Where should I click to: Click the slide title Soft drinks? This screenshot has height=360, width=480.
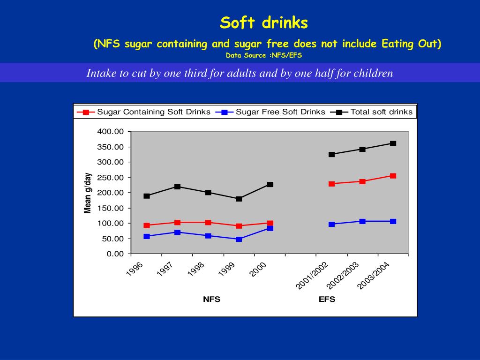click(x=264, y=22)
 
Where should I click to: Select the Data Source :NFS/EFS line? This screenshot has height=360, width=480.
click(x=264, y=56)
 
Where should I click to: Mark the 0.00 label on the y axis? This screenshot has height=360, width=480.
click(x=114, y=254)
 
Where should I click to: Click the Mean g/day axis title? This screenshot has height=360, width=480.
click(x=88, y=193)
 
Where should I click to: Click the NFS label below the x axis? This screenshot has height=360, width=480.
click(x=211, y=300)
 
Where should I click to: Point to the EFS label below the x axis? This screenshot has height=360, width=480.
click(x=327, y=300)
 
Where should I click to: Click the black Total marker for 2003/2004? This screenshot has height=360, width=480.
click(x=393, y=143)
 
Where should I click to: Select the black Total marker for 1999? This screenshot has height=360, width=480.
click(x=239, y=199)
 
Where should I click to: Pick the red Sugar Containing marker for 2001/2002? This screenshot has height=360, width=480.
click(x=331, y=184)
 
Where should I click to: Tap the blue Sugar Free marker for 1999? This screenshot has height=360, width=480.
click(x=239, y=239)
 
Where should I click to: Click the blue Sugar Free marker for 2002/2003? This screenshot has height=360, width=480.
click(x=362, y=221)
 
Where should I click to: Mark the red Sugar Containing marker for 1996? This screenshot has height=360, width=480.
click(x=147, y=225)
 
